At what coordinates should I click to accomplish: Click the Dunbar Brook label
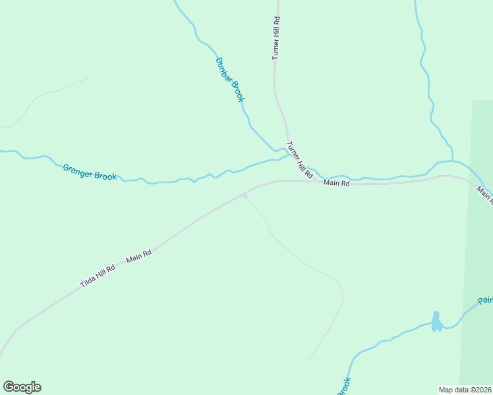(230, 80)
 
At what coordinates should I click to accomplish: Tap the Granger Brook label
(90, 172)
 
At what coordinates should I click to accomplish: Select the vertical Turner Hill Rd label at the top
(277, 39)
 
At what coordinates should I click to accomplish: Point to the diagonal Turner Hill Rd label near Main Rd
(299, 161)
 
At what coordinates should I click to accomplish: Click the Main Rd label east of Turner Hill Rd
(336, 183)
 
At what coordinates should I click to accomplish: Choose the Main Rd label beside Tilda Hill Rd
(139, 255)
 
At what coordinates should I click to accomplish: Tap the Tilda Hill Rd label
(98, 276)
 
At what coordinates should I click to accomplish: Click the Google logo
(22, 387)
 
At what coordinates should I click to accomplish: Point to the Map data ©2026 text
(465, 390)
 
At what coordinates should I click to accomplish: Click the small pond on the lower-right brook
(436, 322)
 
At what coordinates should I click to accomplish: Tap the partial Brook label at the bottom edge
(344, 386)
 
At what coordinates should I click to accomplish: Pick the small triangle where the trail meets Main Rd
(245, 195)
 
